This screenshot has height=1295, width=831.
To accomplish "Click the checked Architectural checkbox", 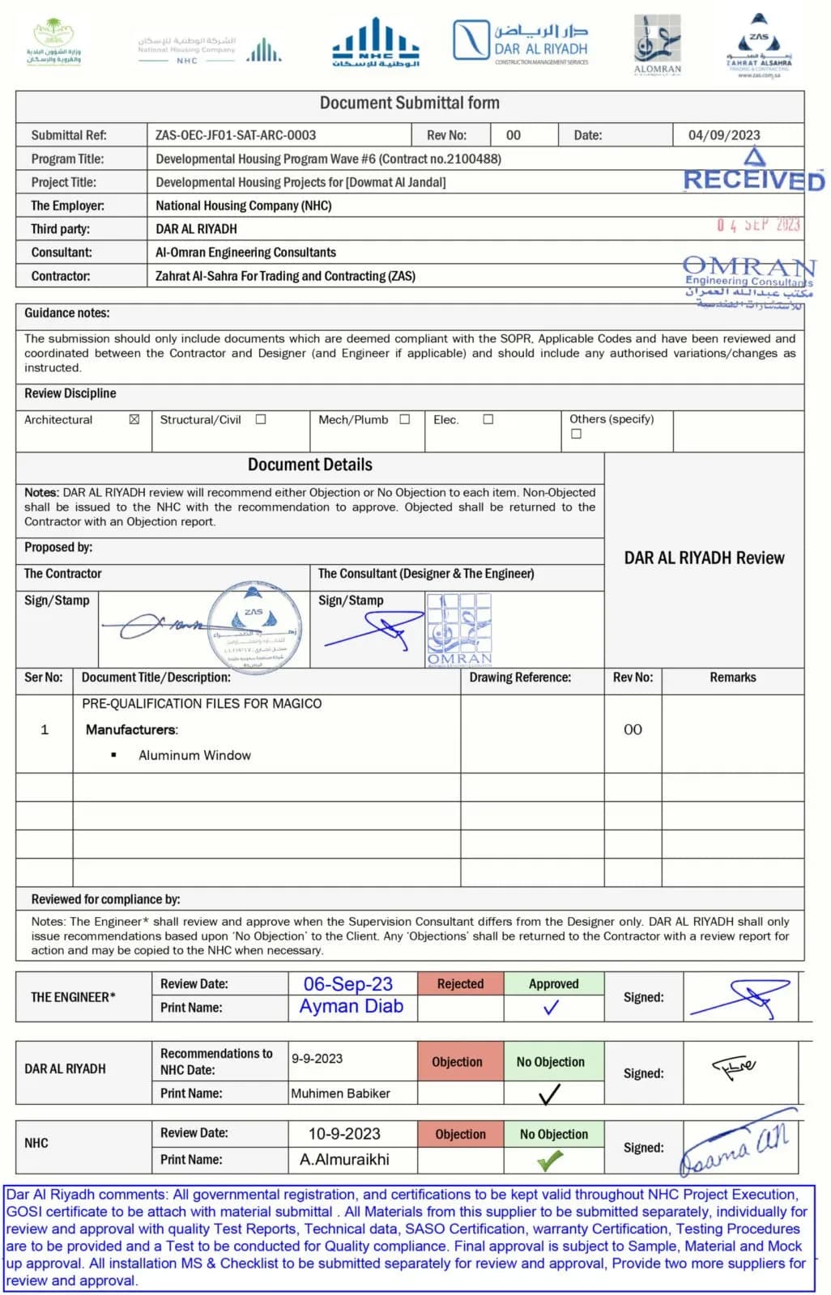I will tap(134, 419).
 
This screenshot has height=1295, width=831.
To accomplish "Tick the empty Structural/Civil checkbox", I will tap(261, 419).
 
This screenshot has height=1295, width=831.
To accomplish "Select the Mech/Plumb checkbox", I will tap(405, 419).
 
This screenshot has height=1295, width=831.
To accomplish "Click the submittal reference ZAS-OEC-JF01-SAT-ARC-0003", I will tap(236, 135).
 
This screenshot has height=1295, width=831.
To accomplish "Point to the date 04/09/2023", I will tap(724, 135).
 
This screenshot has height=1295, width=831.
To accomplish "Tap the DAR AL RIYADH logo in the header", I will tap(521, 40).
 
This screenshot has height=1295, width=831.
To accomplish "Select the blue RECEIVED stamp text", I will tap(753, 180).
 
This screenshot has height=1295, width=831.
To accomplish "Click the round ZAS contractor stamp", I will tap(258, 627).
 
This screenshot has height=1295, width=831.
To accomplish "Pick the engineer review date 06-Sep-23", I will tap(347, 984).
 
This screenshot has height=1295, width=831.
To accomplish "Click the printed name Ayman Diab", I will tap(351, 1006).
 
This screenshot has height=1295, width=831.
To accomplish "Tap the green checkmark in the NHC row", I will tap(550, 1161).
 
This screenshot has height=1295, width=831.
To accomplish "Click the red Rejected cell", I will tap(460, 984).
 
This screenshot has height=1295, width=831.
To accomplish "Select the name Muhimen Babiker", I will tap(340, 1093).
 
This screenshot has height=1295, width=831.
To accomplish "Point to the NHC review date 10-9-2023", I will tap(344, 1134).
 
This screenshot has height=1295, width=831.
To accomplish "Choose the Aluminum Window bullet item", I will tap(194, 755).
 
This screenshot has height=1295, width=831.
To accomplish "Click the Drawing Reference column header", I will tap(520, 677).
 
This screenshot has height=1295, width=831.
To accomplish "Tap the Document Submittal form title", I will tap(409, 103).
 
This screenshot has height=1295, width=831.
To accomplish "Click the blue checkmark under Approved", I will tap(551, 1008).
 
